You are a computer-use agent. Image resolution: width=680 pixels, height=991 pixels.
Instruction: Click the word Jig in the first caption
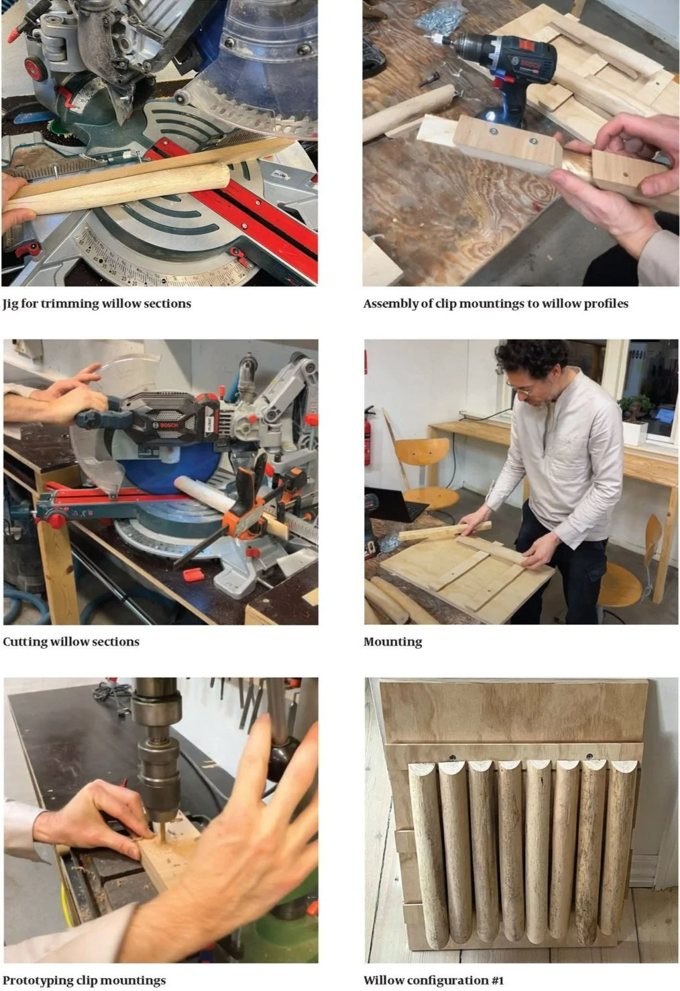click(x=10, y=304)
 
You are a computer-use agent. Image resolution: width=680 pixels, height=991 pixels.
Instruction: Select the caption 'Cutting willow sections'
click(x=71, y=641)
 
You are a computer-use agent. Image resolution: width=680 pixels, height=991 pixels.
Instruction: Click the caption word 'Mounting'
click(x=392, y=642)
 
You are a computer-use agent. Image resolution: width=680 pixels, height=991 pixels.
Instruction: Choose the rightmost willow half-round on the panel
click(x=621, y=847)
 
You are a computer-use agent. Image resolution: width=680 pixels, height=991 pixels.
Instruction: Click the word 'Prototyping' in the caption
click(x=36, y=980)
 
